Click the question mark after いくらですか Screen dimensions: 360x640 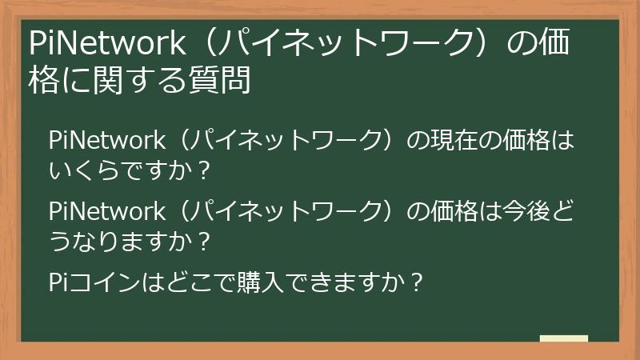(202, 169)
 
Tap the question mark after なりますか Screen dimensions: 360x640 (202, 239)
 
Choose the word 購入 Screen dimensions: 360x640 (269, 282)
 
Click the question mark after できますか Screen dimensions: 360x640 (414, 282)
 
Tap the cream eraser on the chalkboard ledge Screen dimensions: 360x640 (563, 338)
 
